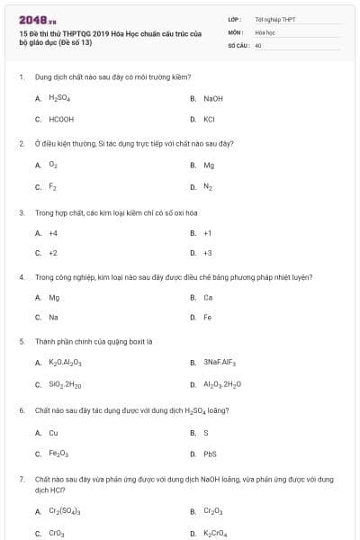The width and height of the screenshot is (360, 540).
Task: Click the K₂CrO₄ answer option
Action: [216, 534]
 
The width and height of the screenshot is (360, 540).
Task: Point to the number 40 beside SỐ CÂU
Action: [257, 44]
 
